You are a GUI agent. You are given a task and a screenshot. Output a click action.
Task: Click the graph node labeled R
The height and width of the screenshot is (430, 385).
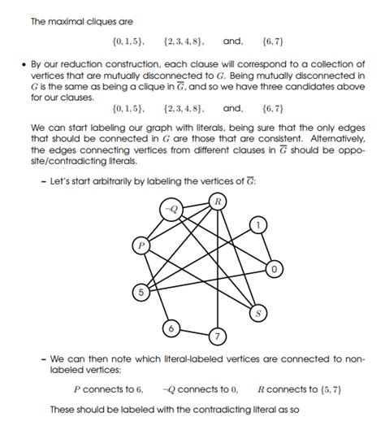tap(217, 201)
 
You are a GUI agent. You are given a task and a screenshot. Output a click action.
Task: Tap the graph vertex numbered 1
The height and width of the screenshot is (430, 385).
tap(257, 224)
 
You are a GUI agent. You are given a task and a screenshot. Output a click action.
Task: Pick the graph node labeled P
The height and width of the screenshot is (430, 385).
tap(141, 244)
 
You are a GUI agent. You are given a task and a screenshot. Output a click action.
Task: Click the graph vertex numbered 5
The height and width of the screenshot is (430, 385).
tap(141, 290)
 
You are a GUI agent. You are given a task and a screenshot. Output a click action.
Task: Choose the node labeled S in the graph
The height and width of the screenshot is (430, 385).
tap(259, 313)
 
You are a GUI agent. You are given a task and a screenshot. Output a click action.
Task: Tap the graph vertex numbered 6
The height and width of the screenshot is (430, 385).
tap(171, 329)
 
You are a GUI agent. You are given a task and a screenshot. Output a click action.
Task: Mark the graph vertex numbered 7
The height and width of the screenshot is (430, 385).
tap(217, 335)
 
